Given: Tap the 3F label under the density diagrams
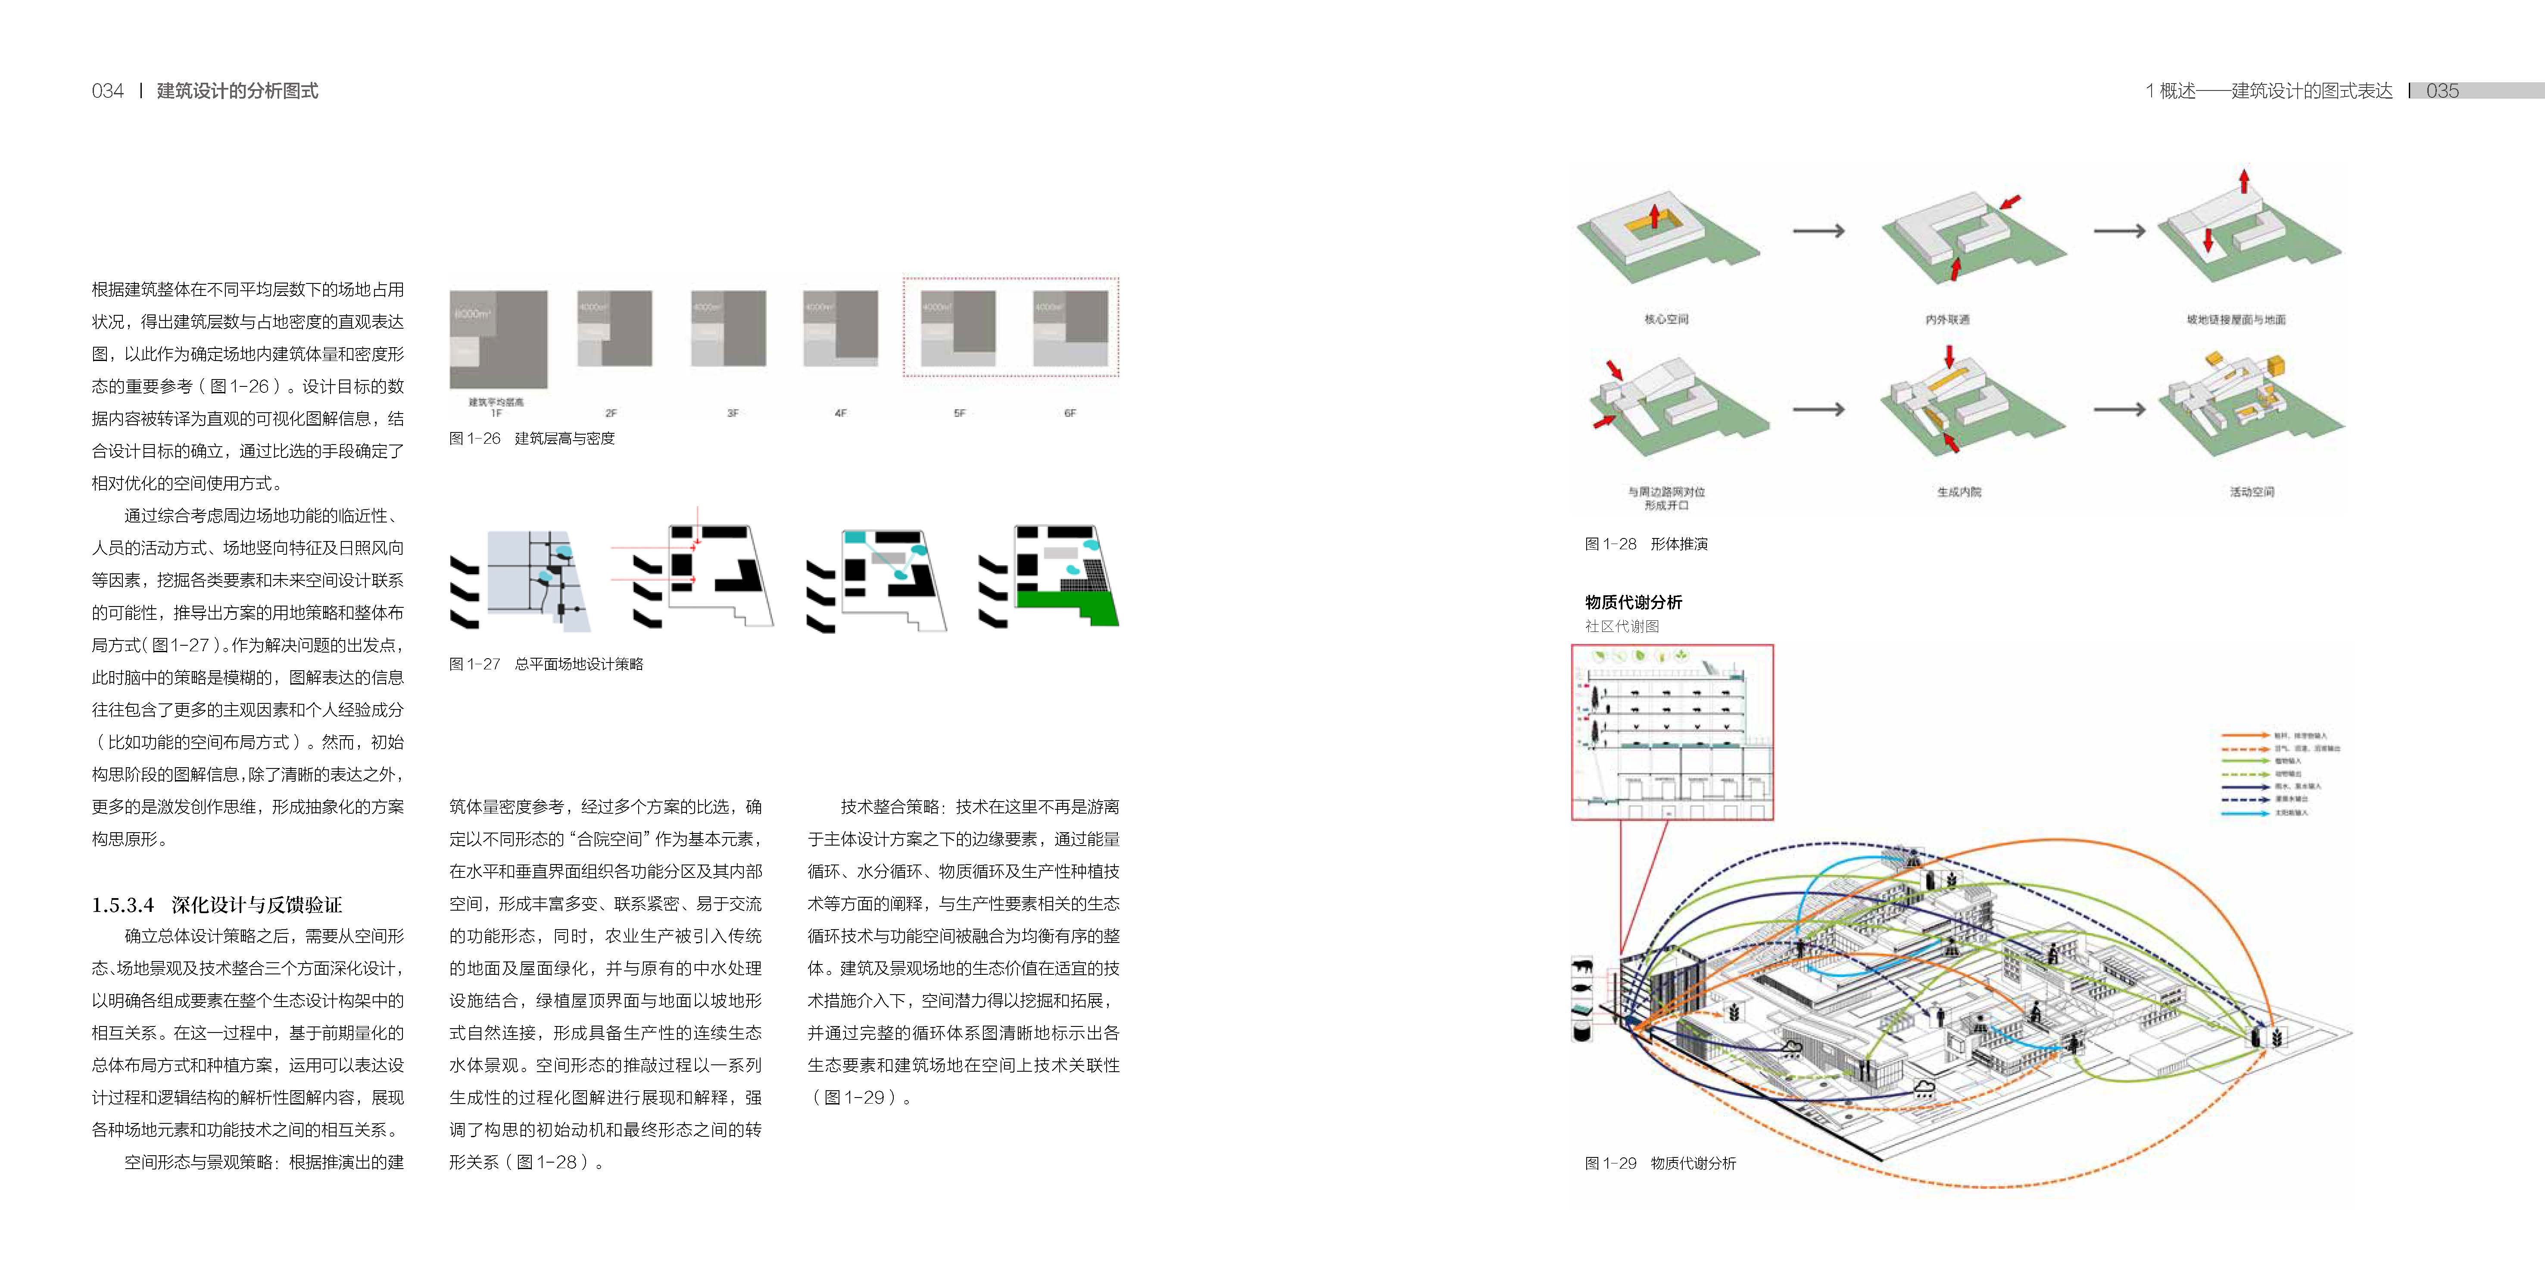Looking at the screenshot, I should tap(732, 413).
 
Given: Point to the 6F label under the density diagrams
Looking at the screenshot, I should tap(1070, 413).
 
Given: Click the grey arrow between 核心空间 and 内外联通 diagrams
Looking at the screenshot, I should tap(1819, 231).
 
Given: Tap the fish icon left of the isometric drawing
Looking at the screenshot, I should tap(1582, 988).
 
